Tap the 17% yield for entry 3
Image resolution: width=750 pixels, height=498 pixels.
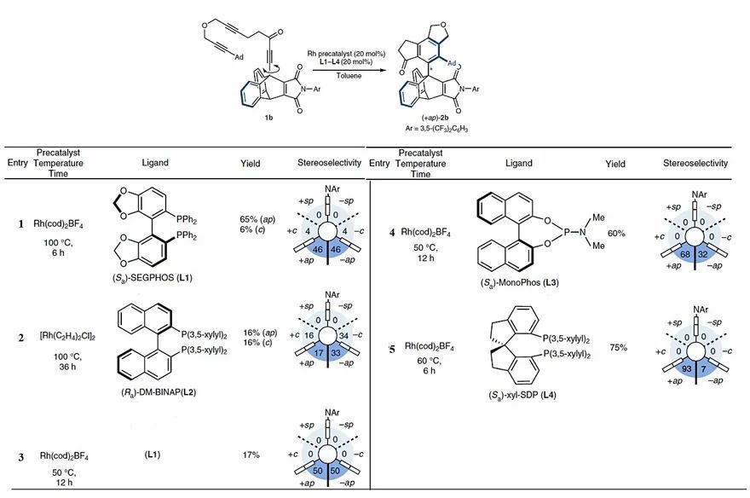coord(251,456)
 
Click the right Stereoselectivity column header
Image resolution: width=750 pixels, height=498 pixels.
coord(697,162)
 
